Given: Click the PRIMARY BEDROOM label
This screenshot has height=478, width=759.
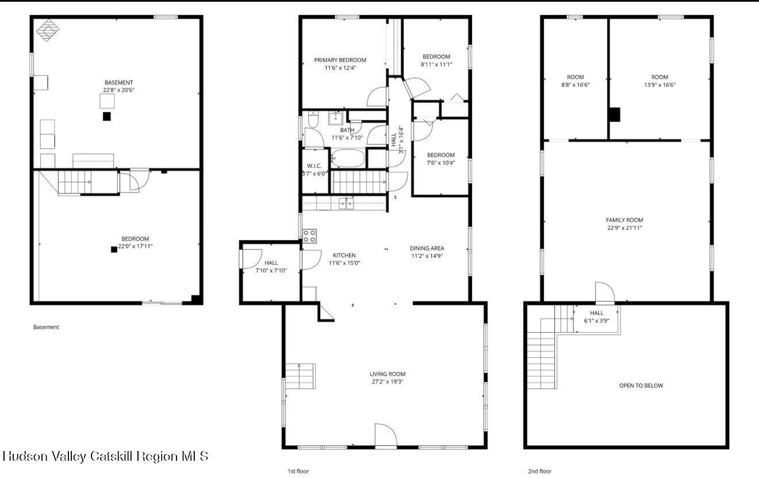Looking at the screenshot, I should pyautogui.click(x=340, y=60).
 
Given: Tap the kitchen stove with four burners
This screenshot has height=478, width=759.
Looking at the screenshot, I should pyautogui.click(x=309, y=236).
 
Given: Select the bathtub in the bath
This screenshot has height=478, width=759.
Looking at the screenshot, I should pyautogui.click(x=348, y=158).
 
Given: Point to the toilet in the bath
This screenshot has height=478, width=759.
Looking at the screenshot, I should pyautogui.click(x=313, y=119).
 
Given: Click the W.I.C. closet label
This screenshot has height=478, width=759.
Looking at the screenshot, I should pyautogui.click(x=314, y=165).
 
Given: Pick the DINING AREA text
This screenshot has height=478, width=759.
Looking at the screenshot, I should pyautogui.click(x=427, y=248).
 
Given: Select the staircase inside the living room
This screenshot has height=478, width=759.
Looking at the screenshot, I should pyautogui.click(x=301, y=376).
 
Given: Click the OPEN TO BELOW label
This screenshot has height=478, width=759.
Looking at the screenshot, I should pyautogui.click(x=641, y=386).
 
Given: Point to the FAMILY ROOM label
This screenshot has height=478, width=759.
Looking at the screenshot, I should pyautogui.click(x=624, y=220).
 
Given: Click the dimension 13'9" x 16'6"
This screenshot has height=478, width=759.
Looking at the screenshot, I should pyautogui.click(x=660, y=85).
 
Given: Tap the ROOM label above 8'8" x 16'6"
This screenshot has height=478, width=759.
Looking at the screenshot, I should pyautogui.click(x=575, y=77).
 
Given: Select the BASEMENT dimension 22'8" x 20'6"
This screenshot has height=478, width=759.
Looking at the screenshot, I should pyautogui.click(x=118, y=90).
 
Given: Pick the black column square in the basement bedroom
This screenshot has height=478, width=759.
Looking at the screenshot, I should pyautogui.click(x=114, y=249).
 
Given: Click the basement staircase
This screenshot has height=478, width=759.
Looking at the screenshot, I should pyautogui.click(x=74, y=183).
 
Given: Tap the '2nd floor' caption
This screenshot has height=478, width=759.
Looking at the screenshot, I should pyautogui.click(x=540, y=471).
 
